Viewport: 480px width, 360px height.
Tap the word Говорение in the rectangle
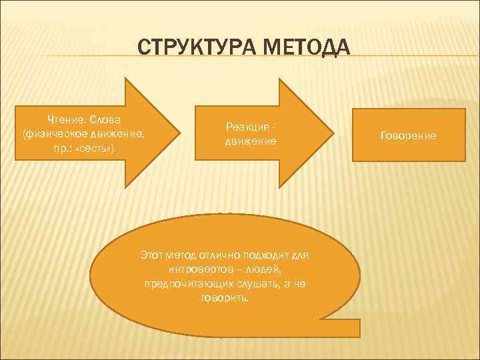click(x=409, y=135)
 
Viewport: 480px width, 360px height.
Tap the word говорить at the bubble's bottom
click(x=223, y=298)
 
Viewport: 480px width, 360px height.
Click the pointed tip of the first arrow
click(x=182, y=135)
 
